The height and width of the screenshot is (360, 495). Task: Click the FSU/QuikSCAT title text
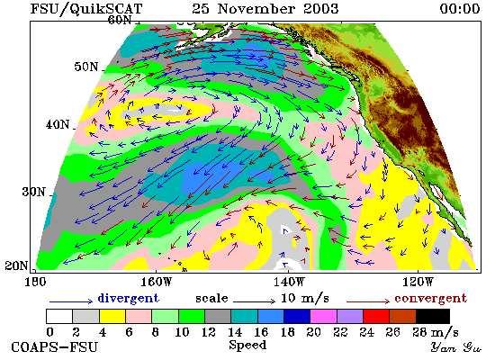86,8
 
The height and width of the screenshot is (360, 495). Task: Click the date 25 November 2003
265,8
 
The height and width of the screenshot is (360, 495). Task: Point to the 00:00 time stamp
460,8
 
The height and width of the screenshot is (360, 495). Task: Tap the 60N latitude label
120,20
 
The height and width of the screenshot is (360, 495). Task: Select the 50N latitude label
86,67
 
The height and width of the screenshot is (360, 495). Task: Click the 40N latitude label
57,124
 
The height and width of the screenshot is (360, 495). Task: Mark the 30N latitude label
33,192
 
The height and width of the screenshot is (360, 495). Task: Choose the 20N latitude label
16,265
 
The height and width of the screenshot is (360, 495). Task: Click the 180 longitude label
35,282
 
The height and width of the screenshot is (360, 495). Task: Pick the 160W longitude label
156,282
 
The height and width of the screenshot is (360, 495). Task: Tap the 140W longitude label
289,282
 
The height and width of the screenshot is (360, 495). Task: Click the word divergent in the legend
128,298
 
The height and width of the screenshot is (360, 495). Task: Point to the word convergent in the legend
430,299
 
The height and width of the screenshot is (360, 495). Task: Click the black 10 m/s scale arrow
255,301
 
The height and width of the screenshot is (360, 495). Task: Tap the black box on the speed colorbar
433,317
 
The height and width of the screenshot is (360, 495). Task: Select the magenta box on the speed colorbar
324,317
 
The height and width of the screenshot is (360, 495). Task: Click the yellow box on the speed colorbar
112,317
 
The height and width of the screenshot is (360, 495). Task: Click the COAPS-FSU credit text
54,346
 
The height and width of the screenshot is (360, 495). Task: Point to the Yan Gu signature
456,347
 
